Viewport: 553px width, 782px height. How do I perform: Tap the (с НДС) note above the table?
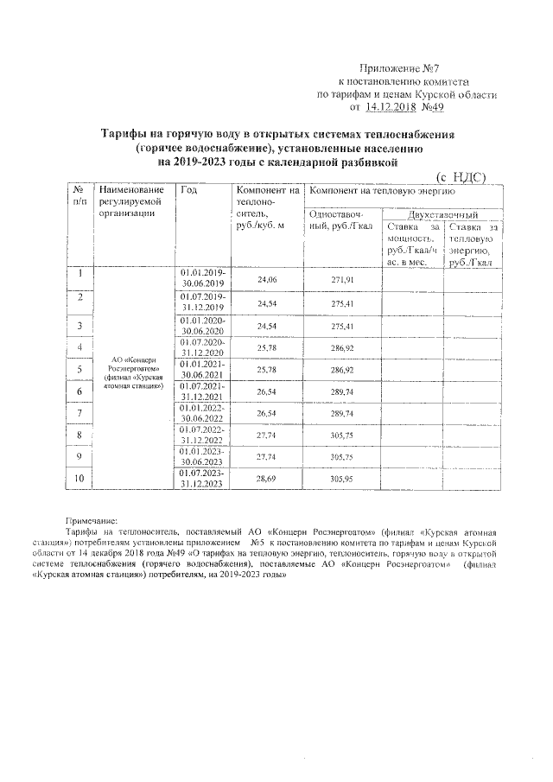459,176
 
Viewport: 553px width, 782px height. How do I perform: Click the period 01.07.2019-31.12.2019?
202,302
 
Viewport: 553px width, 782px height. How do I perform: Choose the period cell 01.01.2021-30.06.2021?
202,369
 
